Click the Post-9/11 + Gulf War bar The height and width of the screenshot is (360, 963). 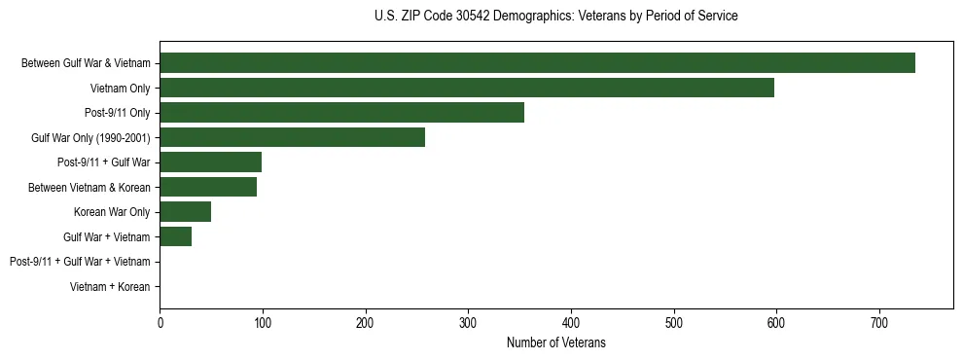point(210,162)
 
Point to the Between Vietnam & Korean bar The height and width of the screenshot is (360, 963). point(208,187)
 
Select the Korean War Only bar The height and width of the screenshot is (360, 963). point(185,212)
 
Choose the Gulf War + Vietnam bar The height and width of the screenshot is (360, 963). point(175,236)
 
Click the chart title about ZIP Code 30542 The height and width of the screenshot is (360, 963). point(555,17)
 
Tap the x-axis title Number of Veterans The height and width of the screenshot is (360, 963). point(555,342)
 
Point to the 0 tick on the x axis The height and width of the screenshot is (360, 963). point(160,322)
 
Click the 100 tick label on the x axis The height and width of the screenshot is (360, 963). point(263,322)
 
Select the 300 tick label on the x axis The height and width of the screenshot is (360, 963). point(468,322)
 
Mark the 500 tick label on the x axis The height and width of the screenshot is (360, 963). point(674,322)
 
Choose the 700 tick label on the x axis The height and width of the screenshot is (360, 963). point(879,322)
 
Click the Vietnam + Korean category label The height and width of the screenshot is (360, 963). point(110,287)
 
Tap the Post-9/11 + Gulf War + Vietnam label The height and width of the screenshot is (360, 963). point(80,262)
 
